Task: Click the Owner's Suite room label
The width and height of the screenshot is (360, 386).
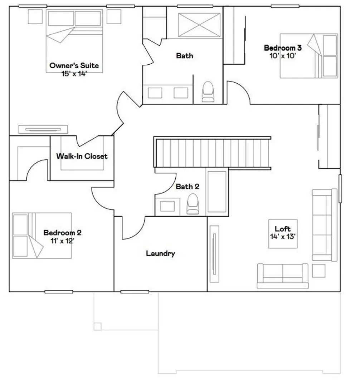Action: (x=74, y=65)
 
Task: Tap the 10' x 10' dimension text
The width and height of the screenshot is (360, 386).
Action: (x=283, y=56)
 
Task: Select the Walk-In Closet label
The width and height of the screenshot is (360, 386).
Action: (x=82, y=156)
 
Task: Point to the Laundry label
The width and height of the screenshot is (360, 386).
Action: (x=160, y=253)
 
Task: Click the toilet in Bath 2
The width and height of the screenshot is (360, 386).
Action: (x=193, y=204)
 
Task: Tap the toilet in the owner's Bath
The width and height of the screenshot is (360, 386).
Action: (x=208, y=91)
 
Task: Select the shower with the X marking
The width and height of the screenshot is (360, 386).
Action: (x=199, y=25)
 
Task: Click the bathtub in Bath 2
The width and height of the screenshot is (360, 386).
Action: (x=217, y=192)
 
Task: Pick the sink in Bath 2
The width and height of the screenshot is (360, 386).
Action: (x=167, y=206)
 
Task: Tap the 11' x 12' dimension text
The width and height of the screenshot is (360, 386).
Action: (x=62, y=241)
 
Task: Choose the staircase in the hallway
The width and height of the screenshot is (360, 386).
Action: (x=213, y=153)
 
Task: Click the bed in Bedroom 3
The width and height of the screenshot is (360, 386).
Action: (x=309, y=56)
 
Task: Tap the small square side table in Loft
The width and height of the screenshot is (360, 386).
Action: (x=318, y=271)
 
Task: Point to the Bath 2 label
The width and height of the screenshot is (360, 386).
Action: (x=188, y=187)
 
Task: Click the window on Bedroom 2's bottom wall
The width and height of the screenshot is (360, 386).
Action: (x=59, y=292)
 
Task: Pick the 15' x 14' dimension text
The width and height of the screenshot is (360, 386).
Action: (x=74, y=74)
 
